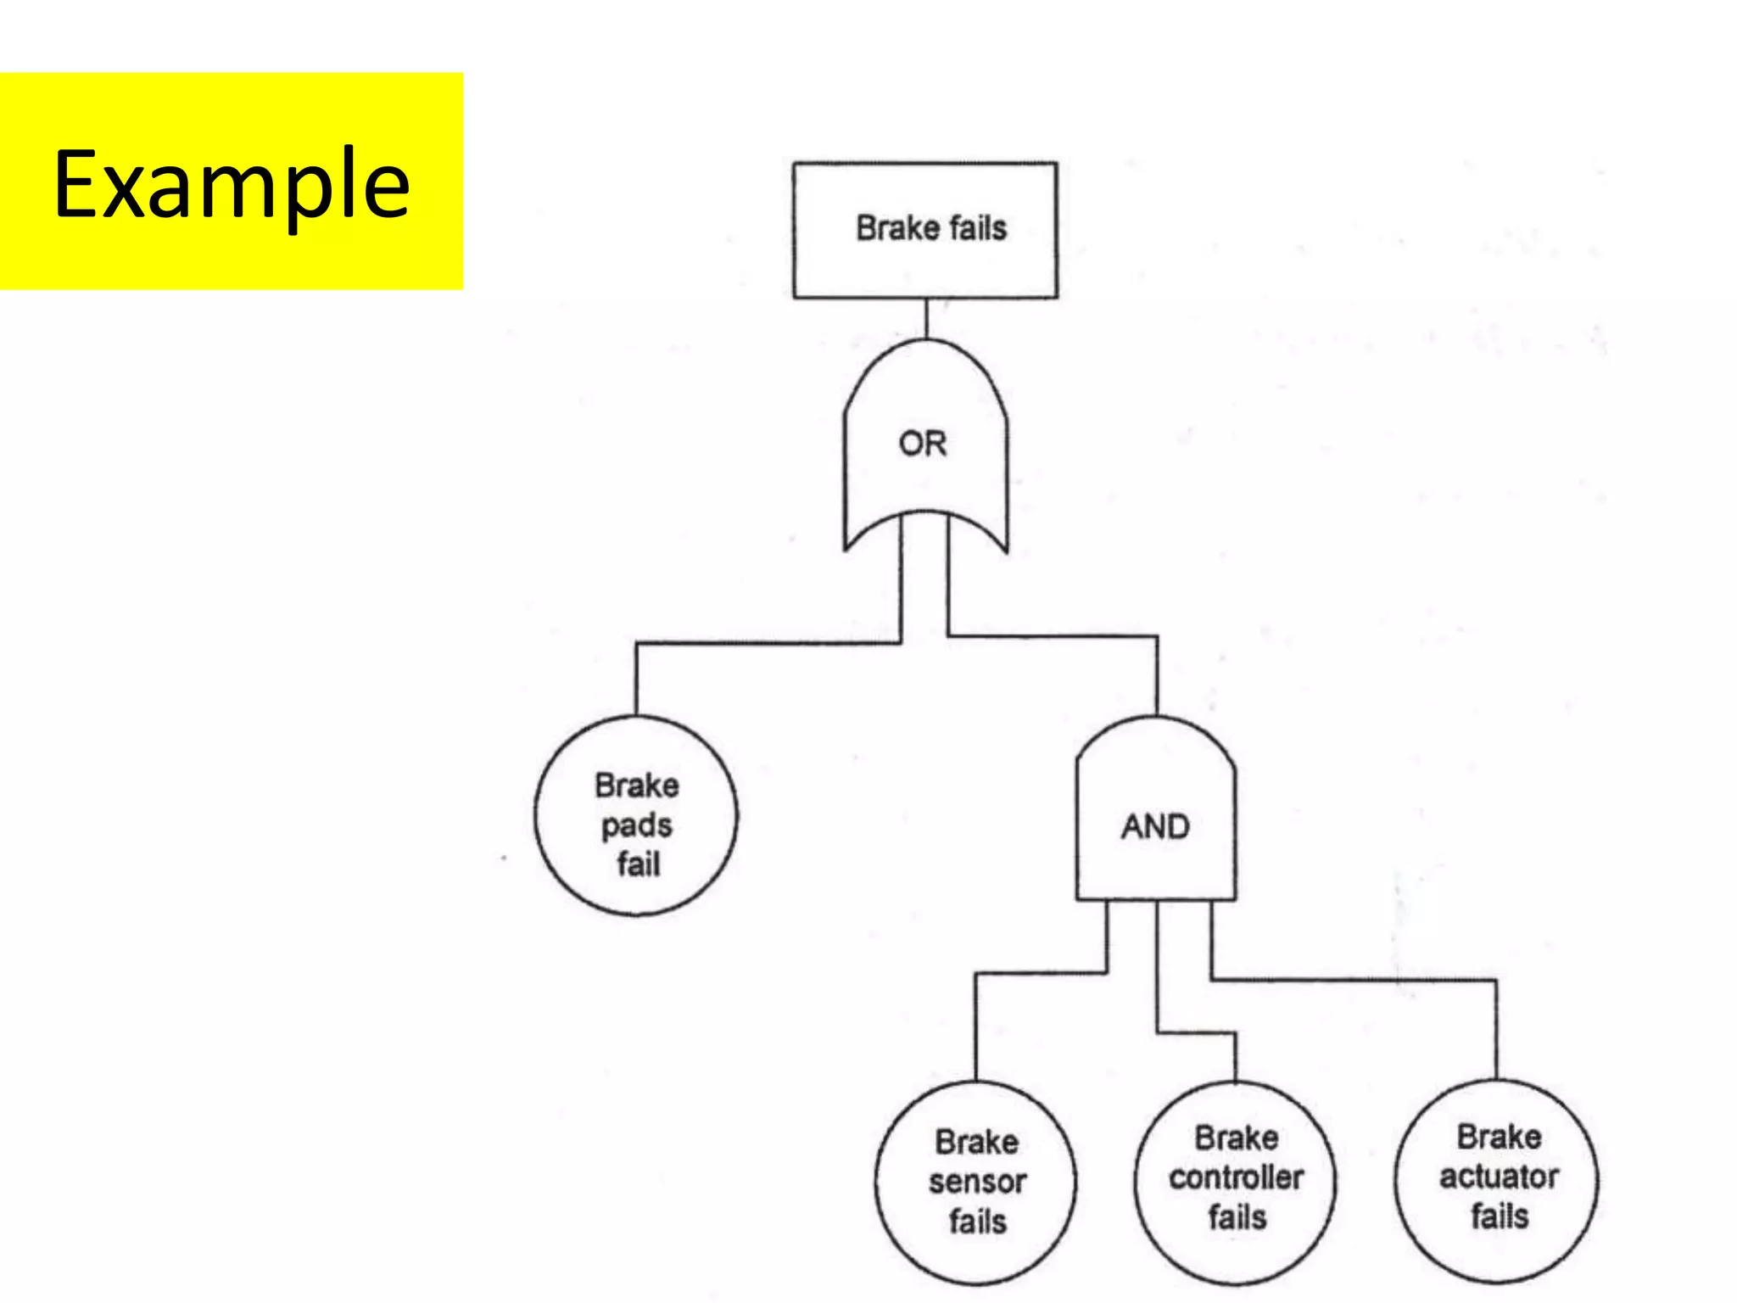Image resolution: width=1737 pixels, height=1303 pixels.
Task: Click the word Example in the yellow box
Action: (232, 182)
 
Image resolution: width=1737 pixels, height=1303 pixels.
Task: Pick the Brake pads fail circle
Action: (636, 891)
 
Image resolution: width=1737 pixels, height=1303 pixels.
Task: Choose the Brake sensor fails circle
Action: (975, 1255)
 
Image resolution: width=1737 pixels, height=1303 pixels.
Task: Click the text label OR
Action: (923, 444)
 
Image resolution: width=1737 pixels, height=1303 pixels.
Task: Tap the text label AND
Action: (1155, 826)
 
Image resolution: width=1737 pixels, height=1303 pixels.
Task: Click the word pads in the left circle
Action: (636, 825)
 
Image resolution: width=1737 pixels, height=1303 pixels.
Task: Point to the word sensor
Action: (977, 1182)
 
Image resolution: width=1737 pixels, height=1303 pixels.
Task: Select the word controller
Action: (1236, 1177)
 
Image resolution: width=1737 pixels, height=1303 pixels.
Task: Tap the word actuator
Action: (1499, 1177)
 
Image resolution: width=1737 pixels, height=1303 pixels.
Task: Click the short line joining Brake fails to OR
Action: (925, 319)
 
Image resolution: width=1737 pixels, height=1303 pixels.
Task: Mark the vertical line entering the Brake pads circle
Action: (636, 679)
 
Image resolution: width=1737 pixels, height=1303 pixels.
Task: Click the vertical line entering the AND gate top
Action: (1157, 675)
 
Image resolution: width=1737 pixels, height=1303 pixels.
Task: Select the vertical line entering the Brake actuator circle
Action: (1496, 1030)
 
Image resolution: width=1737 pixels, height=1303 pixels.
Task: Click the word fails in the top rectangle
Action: (978, 228)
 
